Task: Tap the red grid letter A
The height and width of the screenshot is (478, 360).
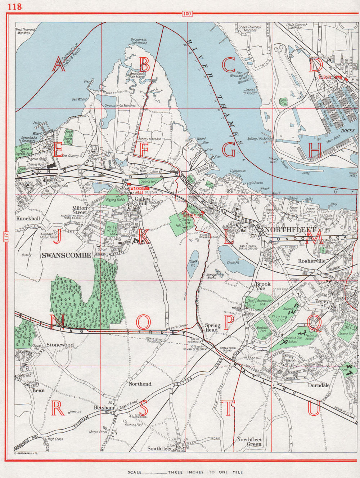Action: coord(59,65)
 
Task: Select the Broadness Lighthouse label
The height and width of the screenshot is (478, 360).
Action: coord(139,41)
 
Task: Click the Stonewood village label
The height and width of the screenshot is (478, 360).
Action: coord(60,345)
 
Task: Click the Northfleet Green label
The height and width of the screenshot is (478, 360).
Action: coord(249,442)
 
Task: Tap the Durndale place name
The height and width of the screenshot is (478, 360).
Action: coord(319,385)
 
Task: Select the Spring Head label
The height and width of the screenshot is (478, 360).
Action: coord(212,327)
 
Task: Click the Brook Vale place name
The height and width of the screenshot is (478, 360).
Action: coord(263,286)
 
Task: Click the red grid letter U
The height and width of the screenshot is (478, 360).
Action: coord(314,408)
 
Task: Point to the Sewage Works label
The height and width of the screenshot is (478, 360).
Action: coord(212,276)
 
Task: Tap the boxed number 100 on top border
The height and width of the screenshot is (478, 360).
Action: coord(187,14)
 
